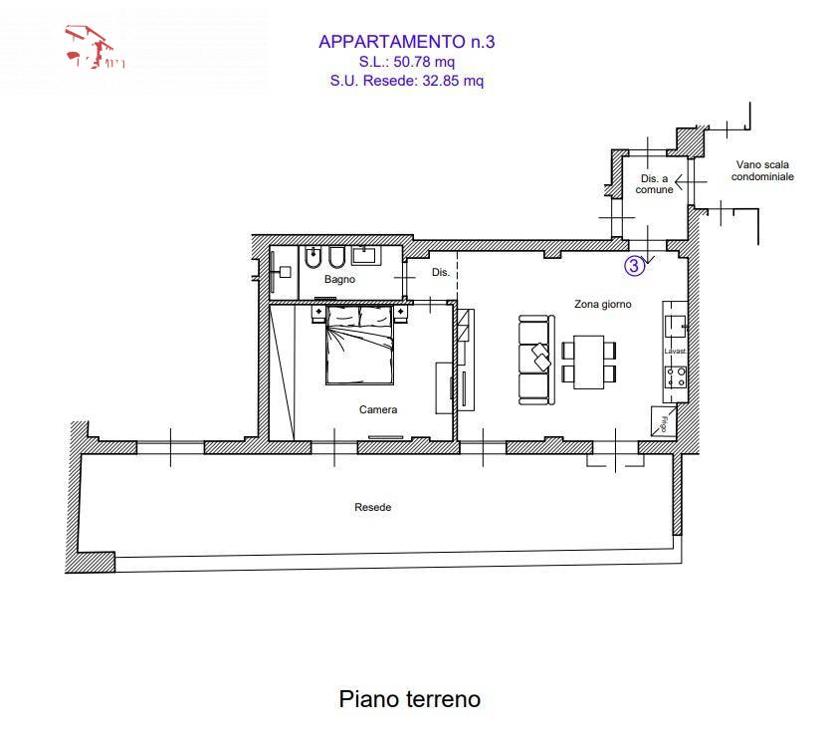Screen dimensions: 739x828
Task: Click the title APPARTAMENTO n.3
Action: (x=406, y=42)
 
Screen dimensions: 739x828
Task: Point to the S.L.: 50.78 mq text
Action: (x=406, y=62)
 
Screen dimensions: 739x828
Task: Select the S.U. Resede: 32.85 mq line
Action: (x=406, y=82)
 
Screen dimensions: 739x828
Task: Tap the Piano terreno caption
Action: (x=410, y=699)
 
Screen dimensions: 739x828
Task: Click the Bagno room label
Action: (x=339, y=280)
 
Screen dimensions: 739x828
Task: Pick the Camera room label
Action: (x=378, y=409)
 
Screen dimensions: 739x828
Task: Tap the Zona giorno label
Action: (x=603, y=304)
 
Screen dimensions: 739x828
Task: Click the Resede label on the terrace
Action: (x=373, y=507)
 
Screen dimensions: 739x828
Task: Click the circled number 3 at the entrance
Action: (x=633, y=265)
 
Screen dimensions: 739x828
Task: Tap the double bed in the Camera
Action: (x=359, y=347)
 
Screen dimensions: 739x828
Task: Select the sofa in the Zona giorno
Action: (x=535, y=360)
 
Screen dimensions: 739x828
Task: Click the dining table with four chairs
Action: (x=588, y=361)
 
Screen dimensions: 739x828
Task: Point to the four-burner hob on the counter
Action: (x=676, y=377)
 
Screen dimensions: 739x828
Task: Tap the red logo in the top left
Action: (x=94, y=50)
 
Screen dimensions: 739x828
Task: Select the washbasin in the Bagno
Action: (x=364, y=255)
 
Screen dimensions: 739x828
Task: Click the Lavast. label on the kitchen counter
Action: (x=676, y=352)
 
